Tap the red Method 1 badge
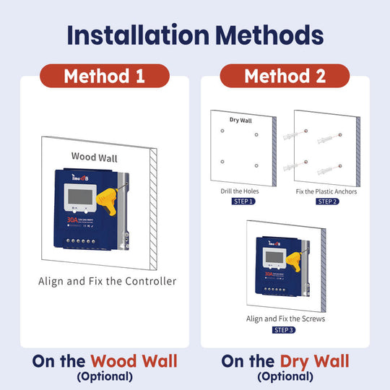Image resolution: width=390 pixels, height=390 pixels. point(105,76)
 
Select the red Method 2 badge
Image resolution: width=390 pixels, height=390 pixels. point(285,76)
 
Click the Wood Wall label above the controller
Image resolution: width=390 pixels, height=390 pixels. point(95,156)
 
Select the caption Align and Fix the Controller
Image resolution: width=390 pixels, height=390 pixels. point(107,281)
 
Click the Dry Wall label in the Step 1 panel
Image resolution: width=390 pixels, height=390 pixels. point(240,120)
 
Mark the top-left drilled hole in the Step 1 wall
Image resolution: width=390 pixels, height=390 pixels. point(223,131)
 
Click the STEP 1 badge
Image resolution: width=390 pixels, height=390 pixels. point(243,201)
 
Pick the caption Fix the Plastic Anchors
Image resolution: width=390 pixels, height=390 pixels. point(326,192)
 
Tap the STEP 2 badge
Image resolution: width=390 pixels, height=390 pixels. point(326,201)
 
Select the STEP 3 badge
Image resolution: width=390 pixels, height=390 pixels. point(284,330)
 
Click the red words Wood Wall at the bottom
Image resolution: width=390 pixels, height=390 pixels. point(134,361)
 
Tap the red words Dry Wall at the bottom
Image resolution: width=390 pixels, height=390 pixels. point(316,361)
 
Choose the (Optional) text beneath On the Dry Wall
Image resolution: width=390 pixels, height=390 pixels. point(285,376)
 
